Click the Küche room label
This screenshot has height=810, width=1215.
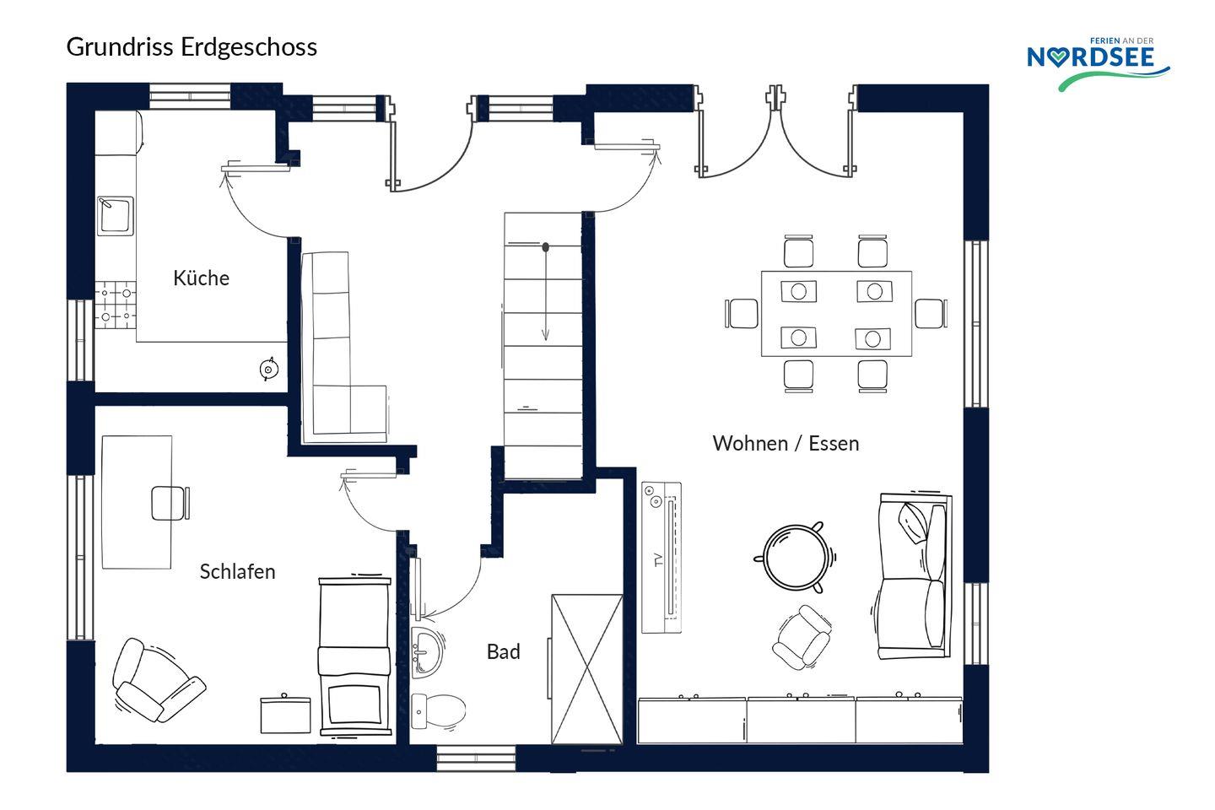pyautogui.click(x=201, y=278)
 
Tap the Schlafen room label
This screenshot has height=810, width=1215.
pyautogui.click(x=238, y=571)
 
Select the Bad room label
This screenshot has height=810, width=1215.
pyautogui.click(x=504, y=651)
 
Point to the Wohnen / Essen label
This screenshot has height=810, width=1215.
pyautogui.click(x=786, y=443)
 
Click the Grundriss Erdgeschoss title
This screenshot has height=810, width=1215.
pyautogui.click(x=192, y=47)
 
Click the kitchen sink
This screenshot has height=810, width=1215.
pyautogui.click(x=115, y=216)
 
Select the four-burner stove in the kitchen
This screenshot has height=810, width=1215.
pyautogui.click(x=116, y=305)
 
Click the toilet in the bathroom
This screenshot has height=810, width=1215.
pyautogui.click(x=438, y=710)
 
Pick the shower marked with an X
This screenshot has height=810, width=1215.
pyautogui.click(x=587, y=669)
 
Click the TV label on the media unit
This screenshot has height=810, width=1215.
pyautogui.click(x=659, y=560)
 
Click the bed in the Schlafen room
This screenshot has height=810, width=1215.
pyautogui.click(x=354, y=656)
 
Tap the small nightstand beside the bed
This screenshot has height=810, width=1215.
pyautogui.click(x=285, y=715)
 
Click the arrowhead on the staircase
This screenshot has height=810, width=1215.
pyautogui.click(x=546, y=334)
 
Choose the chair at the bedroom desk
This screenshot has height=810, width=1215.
pyautogui.click(x=170, y=503)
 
